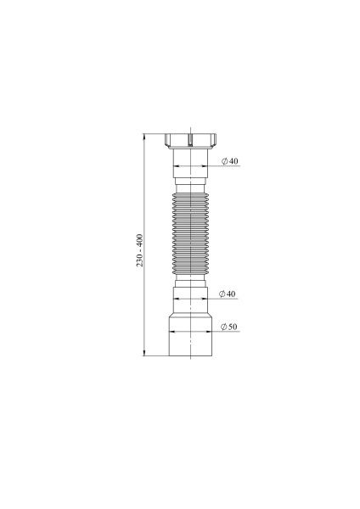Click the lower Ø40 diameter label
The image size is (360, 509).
227,294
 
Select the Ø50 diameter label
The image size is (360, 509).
228,327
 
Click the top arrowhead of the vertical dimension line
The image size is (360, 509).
144,135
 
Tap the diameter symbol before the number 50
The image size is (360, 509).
221,327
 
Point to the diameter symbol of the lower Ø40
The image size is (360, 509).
220,294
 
